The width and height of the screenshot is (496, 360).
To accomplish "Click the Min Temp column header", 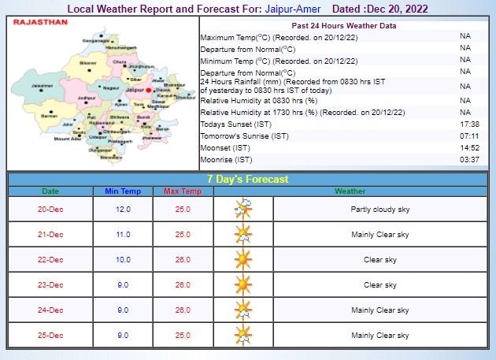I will (123, 191).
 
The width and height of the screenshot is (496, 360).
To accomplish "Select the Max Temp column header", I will (183, 191).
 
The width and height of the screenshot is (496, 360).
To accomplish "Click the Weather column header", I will (350, 191).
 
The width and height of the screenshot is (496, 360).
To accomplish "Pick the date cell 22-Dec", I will (50, 260).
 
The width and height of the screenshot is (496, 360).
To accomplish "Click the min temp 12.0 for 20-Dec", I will (123, 210).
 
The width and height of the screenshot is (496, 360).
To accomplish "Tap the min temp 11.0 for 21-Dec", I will (123, 235).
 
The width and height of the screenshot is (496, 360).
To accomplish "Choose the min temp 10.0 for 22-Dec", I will (123, 260).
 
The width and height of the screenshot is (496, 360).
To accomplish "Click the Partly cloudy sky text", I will (380, 210).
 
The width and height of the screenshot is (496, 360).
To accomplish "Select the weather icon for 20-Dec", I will (243, 210).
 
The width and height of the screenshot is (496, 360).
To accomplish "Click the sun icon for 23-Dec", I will (243, 285).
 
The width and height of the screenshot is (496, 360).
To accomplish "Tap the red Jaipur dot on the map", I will (148, 91).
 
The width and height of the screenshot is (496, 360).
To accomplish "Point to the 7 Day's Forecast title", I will (247, 179).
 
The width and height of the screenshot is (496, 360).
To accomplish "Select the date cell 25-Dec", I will (50, 336).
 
